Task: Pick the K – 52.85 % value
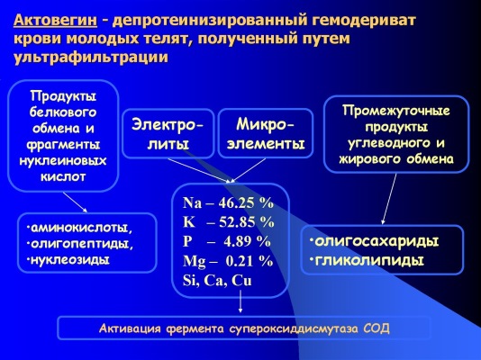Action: click(x=228, y=222)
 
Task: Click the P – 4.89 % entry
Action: click(x=226, y=241)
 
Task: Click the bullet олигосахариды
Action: click(x=377, y=242)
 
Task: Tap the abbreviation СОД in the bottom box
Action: click(x=376, y=328)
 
